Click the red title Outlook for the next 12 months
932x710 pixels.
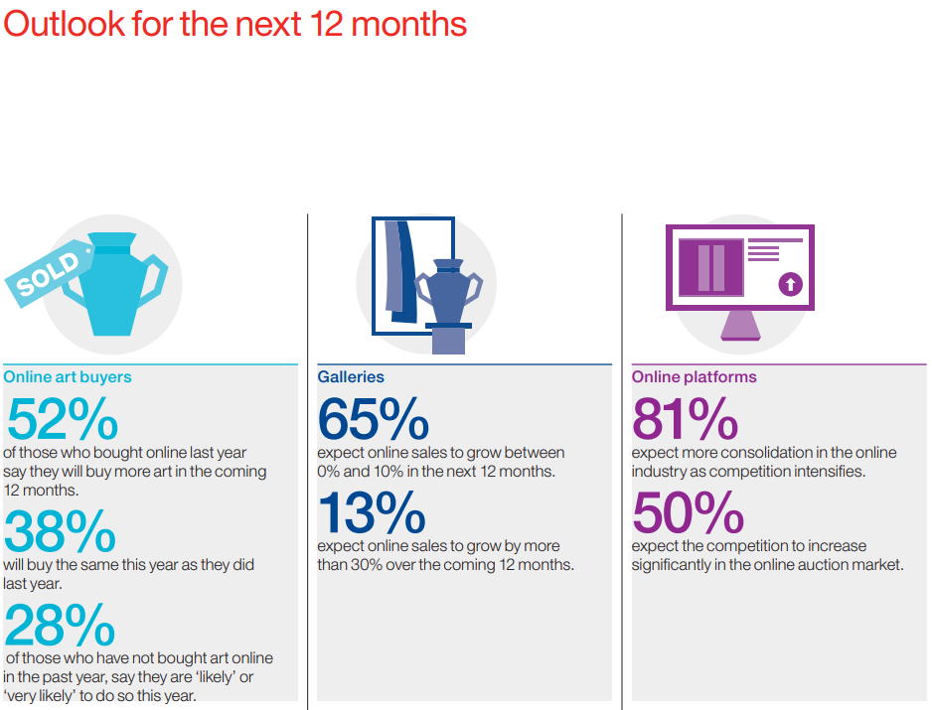click(x=234, y=24)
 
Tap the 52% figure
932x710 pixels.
click(x=63, y=419)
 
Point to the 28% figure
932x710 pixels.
click(x=60, y=624)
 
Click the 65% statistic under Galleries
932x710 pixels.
click(x=374, y=419)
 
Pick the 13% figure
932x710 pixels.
click(x=372, y=512)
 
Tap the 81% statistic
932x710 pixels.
click(x=685, y=419)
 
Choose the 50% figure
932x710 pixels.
click(x=689, y=512)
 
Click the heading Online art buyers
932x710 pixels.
click(x=68, y=376)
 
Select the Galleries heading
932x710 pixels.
click(x=351, y=376)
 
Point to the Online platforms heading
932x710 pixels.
click(x=694, y=376)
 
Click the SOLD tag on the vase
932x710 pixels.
click(x=48, y=273)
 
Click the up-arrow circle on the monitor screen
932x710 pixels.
click(x=791, y=284)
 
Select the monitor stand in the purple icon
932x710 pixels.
click(x=740, y=325)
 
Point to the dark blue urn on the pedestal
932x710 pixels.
click(x=449, y=291)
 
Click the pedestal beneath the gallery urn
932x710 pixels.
click(x=448, y=339)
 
